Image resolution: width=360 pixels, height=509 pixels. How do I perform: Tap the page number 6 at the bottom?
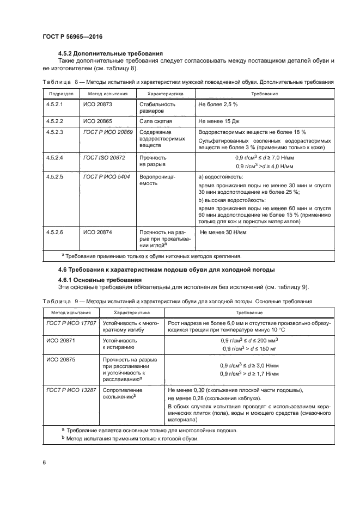[x=44, y=463]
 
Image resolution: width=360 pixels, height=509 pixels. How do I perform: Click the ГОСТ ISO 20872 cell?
[x=104, y=157]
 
